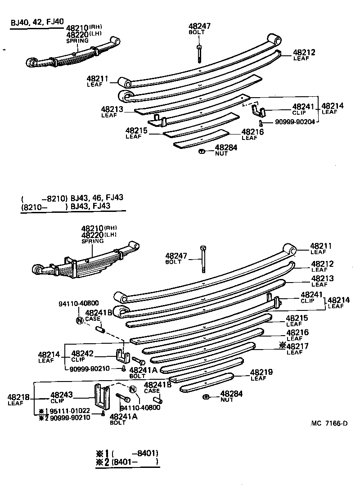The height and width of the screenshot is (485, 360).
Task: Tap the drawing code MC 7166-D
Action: click(329, 423)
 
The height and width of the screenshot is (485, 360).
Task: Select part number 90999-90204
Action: click(292, 121)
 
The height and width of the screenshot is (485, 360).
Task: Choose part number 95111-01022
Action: click(70, 411)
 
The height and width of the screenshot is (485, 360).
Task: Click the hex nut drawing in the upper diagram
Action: click(202, 151)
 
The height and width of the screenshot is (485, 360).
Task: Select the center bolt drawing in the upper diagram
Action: click(199, 53)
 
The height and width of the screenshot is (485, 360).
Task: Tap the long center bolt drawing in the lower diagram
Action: click(204, 260)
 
